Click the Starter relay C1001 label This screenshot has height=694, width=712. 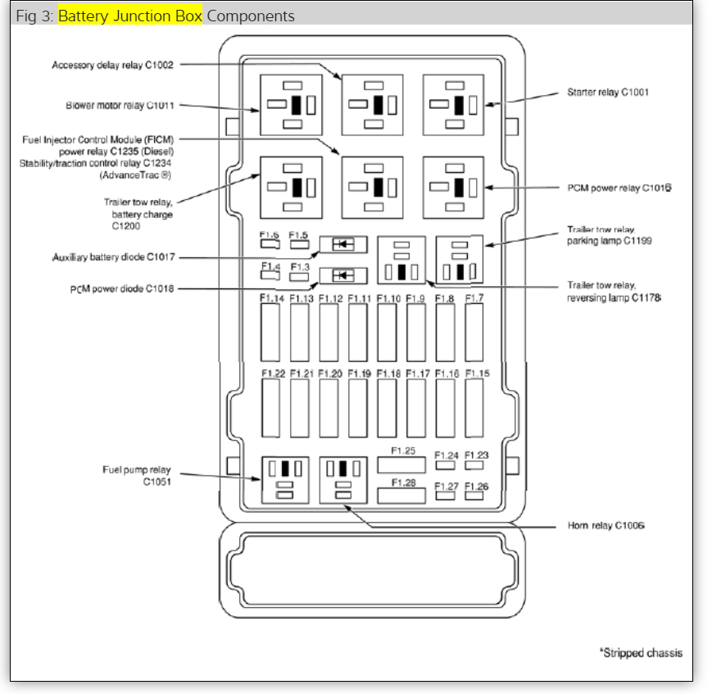point(607,93)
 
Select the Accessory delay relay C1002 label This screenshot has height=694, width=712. point(112,65)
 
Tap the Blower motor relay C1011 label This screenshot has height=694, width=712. point(120,106)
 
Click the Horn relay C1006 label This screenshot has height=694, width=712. point(605,524)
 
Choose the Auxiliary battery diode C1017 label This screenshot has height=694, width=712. point(113,257)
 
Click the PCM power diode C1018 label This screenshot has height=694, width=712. point(123,288)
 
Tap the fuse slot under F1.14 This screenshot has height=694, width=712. point(271,333)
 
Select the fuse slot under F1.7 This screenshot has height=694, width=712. point(474,333)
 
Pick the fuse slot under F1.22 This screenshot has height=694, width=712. point(271,408)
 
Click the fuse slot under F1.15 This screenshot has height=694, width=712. point(474,408)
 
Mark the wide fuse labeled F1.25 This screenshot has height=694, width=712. point(401,465)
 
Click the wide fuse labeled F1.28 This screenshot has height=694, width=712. point(401,495)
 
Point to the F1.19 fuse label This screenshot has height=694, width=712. point(359,374)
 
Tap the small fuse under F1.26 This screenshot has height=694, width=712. point(475,496)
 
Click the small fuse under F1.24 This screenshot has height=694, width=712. point(446,465)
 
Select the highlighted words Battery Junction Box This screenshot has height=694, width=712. point(130,16)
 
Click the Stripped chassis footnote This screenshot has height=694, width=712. point(640,653)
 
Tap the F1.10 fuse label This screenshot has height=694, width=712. point(388,299)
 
